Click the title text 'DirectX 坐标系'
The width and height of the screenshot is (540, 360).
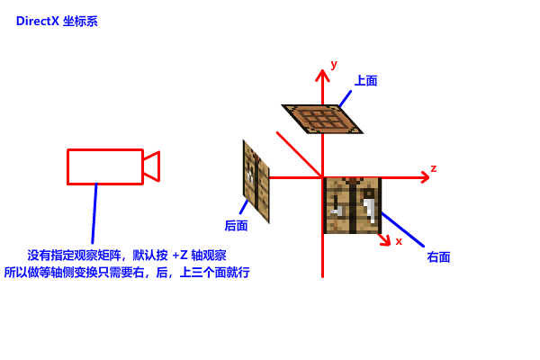57,21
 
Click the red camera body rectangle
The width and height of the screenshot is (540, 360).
104,166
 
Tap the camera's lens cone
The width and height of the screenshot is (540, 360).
152,166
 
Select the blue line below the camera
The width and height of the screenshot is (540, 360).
94,214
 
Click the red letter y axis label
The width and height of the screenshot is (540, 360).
334,64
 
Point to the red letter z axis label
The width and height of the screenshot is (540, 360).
434,168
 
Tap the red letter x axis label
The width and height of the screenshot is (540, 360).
399,241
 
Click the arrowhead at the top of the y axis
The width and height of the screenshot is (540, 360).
322,75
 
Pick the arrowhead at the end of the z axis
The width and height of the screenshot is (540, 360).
425,177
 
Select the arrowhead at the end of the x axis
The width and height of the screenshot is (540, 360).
386,240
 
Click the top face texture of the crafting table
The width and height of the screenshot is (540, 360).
321,119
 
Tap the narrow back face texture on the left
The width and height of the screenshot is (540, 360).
256,181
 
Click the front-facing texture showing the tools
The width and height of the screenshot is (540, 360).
353,206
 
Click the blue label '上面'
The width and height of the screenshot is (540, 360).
366,80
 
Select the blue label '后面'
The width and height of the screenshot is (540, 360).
237,225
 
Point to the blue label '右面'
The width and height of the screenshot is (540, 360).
438,256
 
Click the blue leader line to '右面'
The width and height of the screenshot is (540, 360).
402,229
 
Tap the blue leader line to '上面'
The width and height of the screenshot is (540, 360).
345,98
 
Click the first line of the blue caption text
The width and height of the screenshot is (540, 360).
127,256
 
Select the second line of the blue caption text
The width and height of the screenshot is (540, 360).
127,272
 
